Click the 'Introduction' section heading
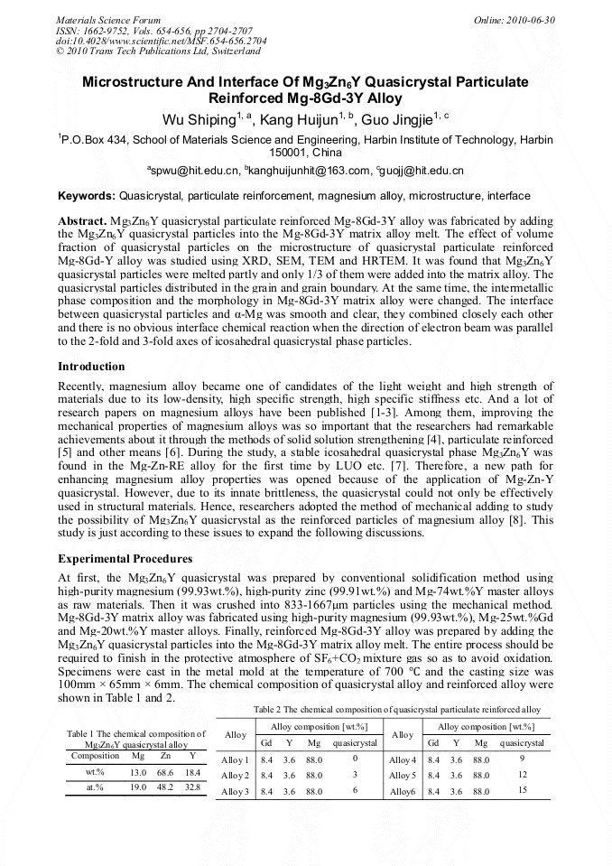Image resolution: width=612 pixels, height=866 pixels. click(x=91, y=367)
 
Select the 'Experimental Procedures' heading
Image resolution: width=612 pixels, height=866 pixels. click(x=125, y=559)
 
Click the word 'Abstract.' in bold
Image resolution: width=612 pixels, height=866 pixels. click(x=82, y=221)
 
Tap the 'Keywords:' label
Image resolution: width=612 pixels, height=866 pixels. click(x=87, y=196)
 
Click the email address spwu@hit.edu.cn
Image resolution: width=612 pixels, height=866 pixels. click(x=195, y=171)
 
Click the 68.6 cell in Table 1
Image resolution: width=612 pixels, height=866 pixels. click(x=164, y=772)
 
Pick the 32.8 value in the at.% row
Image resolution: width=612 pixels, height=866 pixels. click(x=192, y=787)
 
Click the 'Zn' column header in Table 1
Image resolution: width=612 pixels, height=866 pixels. click(x=164, y=756)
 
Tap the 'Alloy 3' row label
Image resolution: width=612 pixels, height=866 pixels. click(x=235, y=792)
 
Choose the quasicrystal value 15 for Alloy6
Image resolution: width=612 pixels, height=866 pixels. click(x=522, y=791)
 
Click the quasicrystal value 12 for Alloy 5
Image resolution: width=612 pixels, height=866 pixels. click(x=522, y=775)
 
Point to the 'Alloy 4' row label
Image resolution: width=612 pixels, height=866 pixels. click(x=403, y=760)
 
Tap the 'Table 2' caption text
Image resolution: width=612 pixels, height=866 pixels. click(x=397, y=709)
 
